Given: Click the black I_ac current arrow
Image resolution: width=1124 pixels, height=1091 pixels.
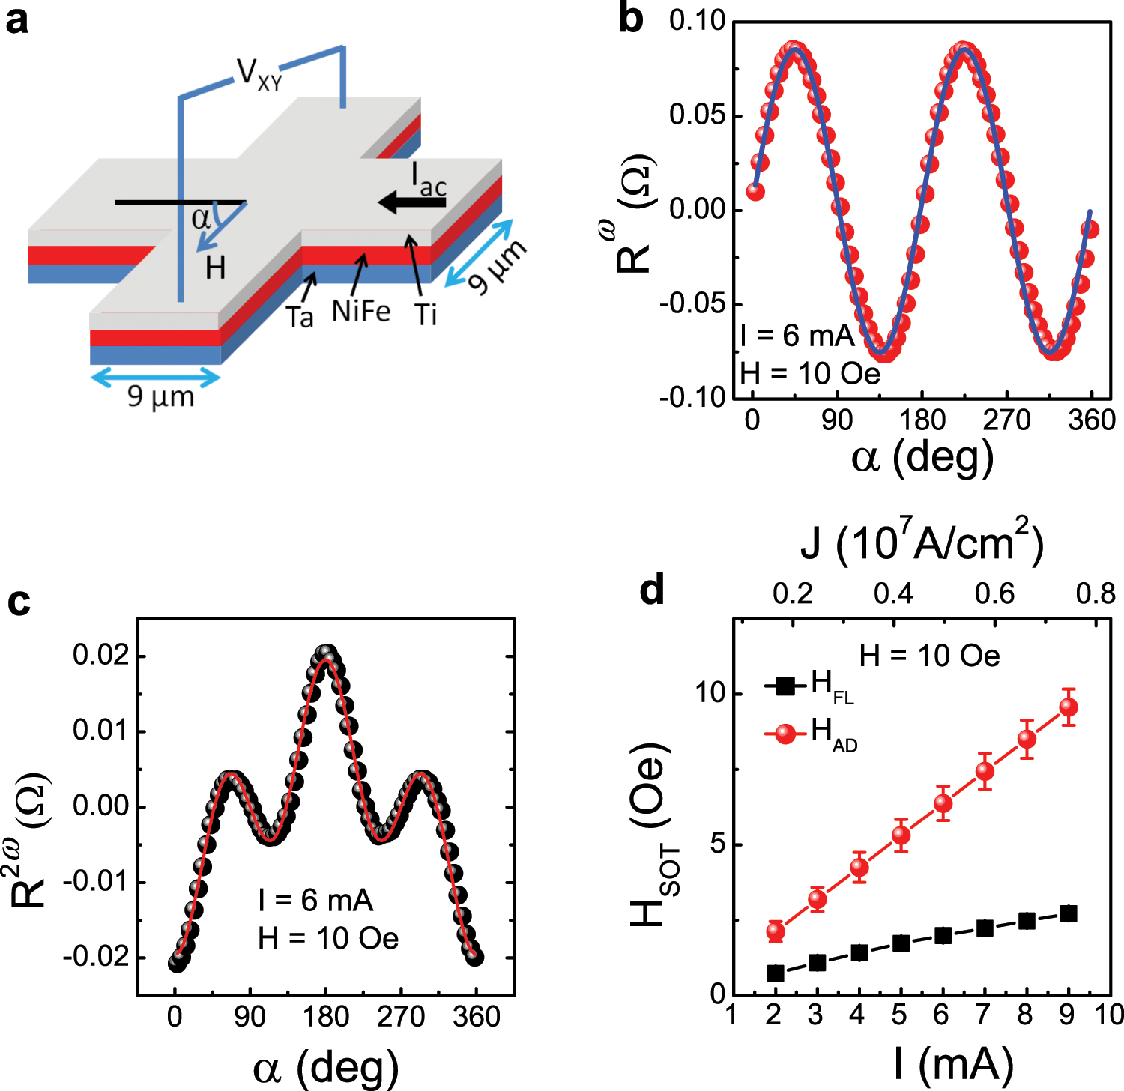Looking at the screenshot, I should click(x=411, y=202).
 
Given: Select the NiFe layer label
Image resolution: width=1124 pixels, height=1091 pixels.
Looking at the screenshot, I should click(x=360, y=311).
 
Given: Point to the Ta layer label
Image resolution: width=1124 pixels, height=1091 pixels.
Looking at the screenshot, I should click(x=300, y=318).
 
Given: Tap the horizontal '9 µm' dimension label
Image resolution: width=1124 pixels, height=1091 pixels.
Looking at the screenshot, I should click(x=160, y=396).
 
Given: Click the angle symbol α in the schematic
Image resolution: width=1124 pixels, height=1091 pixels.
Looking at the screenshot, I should click(x=200, y=219).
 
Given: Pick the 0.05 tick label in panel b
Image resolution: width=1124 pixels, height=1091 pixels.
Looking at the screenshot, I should click(x=697, y=115).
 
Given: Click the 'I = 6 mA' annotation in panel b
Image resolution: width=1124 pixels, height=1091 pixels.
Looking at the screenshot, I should click(x=797, y=336).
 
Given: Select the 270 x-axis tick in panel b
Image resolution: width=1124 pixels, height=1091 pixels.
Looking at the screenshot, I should click(x=1006, y=420).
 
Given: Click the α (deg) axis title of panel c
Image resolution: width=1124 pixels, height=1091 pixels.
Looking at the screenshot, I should click(x=325, y=1067).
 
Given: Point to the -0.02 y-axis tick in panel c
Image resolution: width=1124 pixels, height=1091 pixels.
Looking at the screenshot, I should click(x=96, y=957).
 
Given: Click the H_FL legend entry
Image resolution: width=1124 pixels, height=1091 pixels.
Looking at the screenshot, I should click(x=809, y=686).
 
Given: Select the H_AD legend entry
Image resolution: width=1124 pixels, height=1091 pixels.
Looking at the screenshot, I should click(x=811, y=733).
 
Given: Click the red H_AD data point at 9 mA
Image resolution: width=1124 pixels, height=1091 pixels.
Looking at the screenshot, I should click(x=1069, y=707).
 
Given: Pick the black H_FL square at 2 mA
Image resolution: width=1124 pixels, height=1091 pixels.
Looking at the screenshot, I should click(x=776, y=973).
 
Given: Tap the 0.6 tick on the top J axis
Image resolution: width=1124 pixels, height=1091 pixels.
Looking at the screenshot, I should click(x=994, y=594).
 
